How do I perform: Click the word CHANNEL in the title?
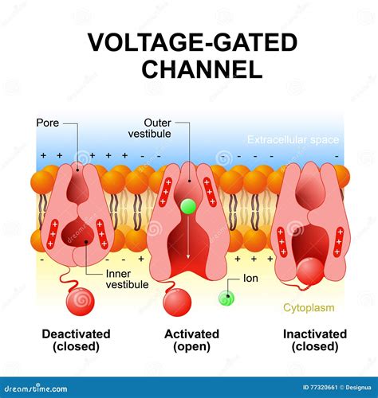coord(202,69)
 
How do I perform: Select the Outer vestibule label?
coord(149,128)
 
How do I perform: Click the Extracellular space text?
coord(293,140)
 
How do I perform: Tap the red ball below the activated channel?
coord(176,303)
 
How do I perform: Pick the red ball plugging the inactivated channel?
coord(309,271)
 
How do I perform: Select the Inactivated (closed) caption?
coord(314,340)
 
